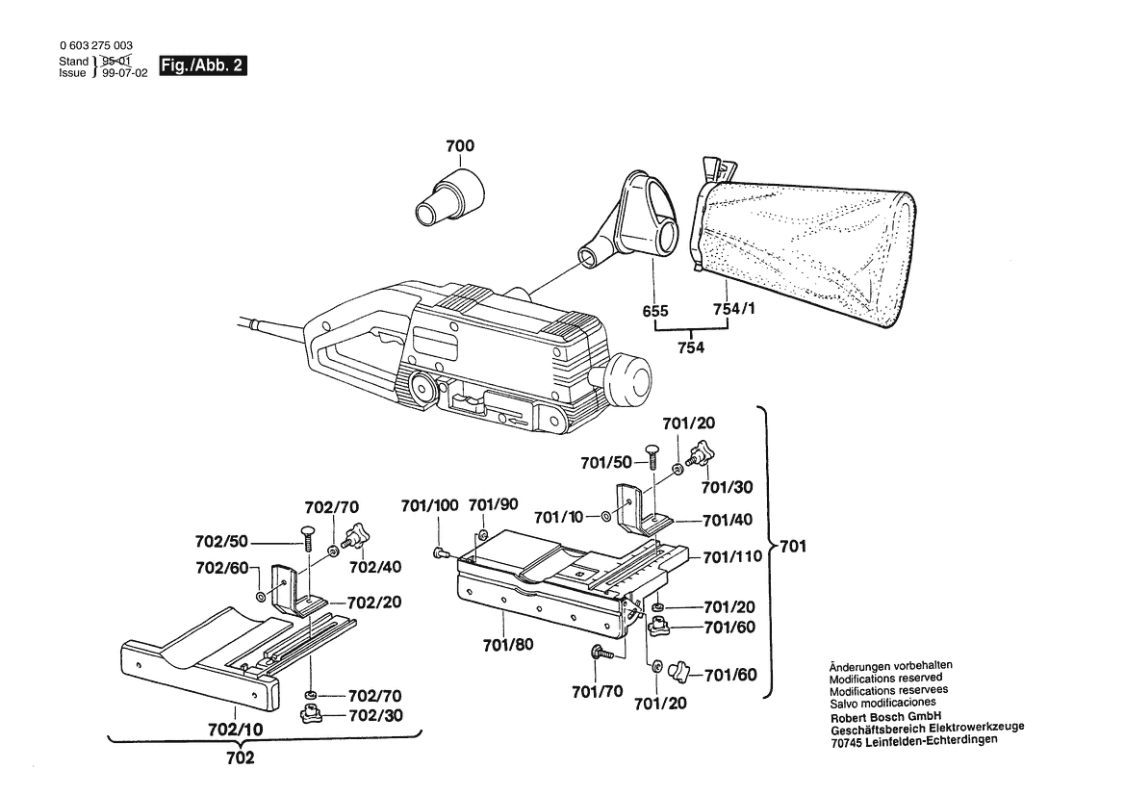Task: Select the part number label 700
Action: (x=460, y=147)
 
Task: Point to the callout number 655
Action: (x=655, y=310)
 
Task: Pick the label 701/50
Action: (x=606, y=463)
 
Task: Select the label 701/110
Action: (x=731, y=556)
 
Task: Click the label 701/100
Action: (x=429, y=505)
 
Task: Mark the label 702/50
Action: (x=223, y=542)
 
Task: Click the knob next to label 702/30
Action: (x=310, y=714)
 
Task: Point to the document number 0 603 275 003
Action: (x=96, y=47)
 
